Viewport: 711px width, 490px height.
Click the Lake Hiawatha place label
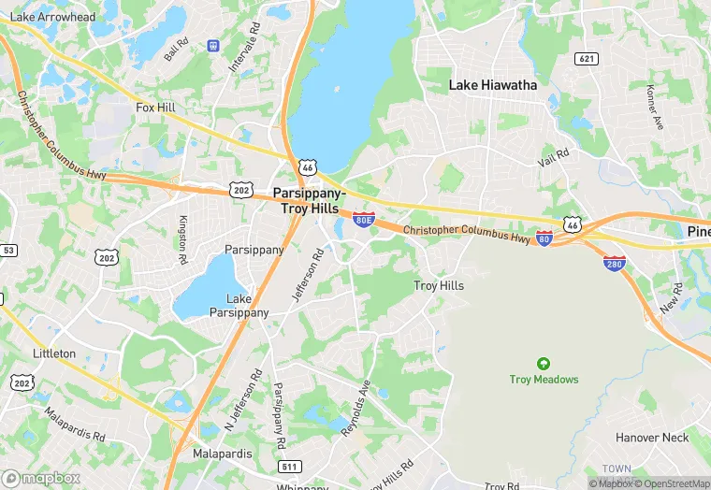pyautogui.click(x=493, y=85)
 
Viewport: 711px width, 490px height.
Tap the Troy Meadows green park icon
pyautogui.click(x=544, y=363)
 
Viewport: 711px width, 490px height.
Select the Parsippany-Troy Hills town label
pyautogui.click(x=309, y=200)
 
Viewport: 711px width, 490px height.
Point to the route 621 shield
pyautogui.click(x=587, y=60)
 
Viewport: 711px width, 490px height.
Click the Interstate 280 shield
pyautogui.click(x=615, y=264)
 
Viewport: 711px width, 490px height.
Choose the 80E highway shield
pyautogui.click(x=364, y=221)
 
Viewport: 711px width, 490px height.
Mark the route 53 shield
pyautogui.click(x=8, y=251)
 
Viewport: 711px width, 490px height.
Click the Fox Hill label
pyautogui.click(x=155, y=108)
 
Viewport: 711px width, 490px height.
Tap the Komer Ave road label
pyautogui.click(x=653, y=107)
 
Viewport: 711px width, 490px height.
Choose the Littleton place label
pyautogui.click(x=54, y=353)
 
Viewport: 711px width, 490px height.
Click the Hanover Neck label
pyautogui.click(x=652, y=438)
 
